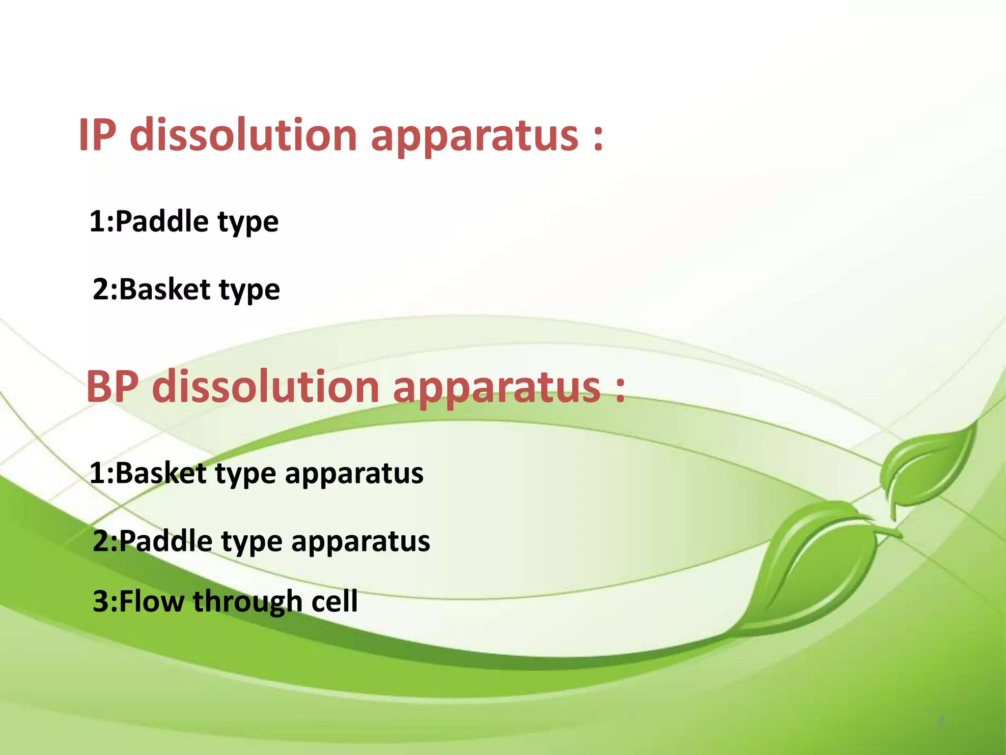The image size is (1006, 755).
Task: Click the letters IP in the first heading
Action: (97, 135)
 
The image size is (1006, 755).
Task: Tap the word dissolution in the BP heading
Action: (265, 387)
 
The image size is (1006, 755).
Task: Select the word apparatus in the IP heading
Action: (475, 138)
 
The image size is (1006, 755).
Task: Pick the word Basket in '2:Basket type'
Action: (165, 289)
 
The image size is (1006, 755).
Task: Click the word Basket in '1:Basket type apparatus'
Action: (161, 473)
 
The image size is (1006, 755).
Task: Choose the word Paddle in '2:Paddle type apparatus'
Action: (166, 541)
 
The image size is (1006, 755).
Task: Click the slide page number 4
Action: (941, 721)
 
